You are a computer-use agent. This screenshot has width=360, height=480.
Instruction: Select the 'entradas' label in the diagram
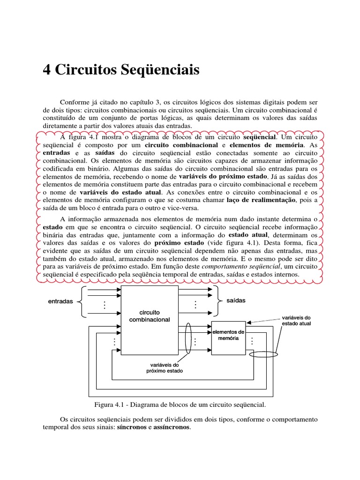click(60, 301)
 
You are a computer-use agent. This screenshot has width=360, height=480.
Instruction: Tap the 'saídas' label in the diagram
click(236, 300)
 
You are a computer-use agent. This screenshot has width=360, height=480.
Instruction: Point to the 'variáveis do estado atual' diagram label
click(296, 320)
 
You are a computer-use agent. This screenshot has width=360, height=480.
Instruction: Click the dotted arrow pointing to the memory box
click(266, 321)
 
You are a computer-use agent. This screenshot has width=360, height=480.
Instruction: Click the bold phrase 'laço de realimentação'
click(261, 200)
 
